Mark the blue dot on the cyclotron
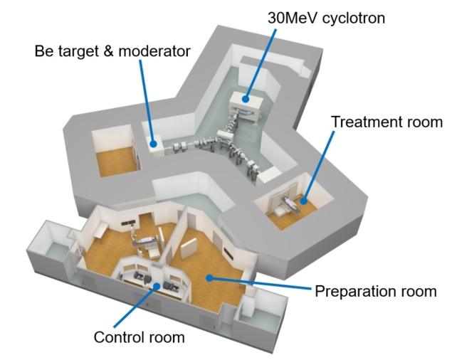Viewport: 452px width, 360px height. coord(246,100)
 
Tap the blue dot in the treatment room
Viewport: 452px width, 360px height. coord(303,201)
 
